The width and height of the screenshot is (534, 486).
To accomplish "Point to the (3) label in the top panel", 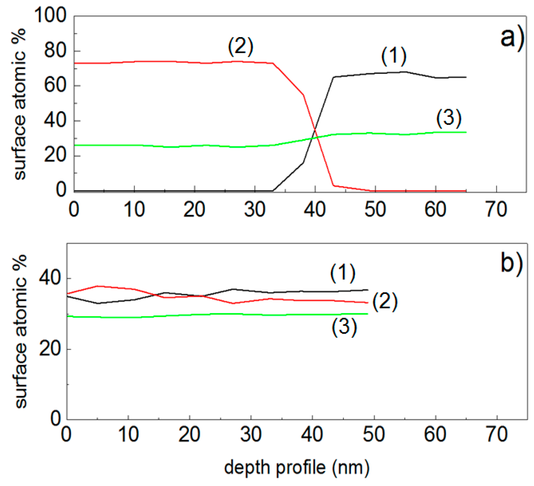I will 449,118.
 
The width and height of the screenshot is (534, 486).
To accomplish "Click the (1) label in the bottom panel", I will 343,273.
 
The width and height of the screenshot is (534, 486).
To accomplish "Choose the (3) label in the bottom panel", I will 344,327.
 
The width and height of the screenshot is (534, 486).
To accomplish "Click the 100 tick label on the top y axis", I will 51,15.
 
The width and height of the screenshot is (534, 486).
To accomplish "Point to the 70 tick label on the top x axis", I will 496,210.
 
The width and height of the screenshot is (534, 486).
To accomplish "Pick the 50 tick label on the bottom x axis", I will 374,434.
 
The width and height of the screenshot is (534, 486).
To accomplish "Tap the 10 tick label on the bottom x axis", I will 128,434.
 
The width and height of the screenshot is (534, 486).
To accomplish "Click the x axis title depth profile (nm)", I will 297,468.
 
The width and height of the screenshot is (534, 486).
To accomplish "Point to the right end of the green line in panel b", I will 368,314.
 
